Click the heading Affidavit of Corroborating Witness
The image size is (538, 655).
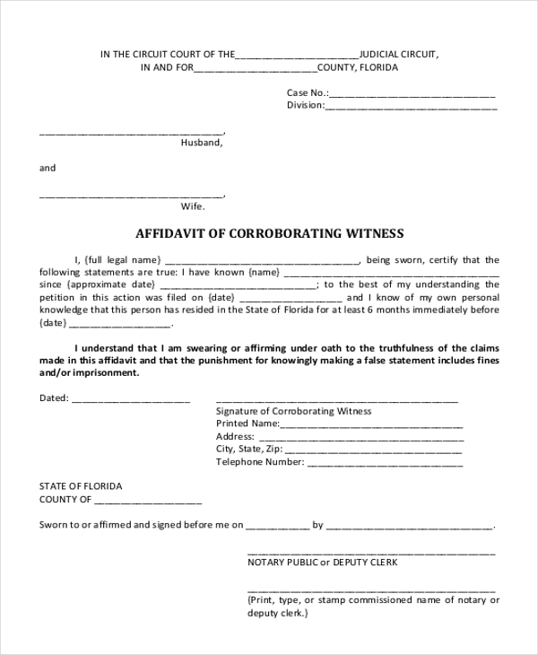269,234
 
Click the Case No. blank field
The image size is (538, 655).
412,94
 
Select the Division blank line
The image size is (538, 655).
411,107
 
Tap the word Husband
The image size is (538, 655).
202,143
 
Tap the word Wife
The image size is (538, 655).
193,205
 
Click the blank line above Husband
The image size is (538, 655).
131,133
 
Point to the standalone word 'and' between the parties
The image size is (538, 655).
48,168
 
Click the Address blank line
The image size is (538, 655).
360,438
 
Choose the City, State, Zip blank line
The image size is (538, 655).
374,450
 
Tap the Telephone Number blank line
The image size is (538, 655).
385,464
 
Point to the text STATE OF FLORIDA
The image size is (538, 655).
81,486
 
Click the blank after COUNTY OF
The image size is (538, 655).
147,501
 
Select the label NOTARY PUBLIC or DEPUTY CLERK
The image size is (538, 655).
322,563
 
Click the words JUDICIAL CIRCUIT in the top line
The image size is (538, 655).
399,55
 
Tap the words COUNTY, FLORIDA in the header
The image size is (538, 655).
358,68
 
